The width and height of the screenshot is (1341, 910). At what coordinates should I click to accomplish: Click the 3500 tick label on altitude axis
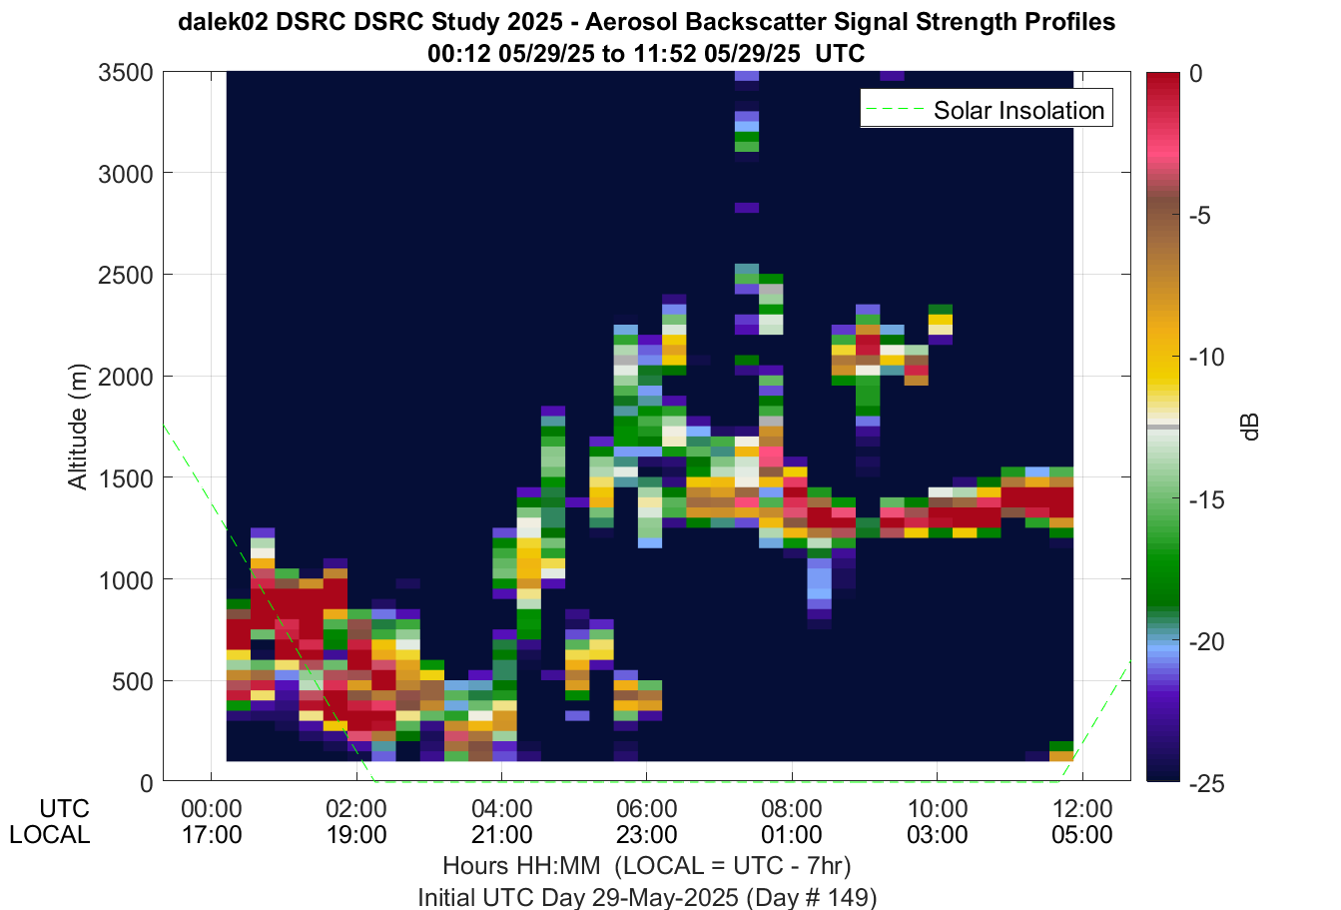[x=127, y=73]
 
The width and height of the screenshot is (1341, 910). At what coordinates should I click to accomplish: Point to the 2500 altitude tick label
[x=127, y=276]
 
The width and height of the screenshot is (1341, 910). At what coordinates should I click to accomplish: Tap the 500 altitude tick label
[x=133, y=682]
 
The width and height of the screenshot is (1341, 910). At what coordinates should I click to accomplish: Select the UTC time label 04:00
[x=501, y=809]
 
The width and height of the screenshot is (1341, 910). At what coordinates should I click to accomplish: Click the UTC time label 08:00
[x=792, y=809]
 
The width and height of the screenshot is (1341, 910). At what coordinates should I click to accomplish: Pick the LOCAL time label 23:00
[x=647, y=834]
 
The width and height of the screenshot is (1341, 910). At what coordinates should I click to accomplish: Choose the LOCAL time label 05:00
[x=1082, y=834]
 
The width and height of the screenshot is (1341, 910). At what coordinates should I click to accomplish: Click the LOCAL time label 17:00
[x=212, y=834]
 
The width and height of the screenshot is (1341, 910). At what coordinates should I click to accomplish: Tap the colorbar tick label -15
[x=1207, y=499]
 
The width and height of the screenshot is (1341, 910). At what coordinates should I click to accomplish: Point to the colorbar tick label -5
[x=1200, y=216]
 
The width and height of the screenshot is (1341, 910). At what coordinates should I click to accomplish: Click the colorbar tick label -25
[x=1207, y=783]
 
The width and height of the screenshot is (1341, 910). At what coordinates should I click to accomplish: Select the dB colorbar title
[x=1251, y=427]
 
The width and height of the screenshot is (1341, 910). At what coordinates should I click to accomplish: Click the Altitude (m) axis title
[x=77, y=427]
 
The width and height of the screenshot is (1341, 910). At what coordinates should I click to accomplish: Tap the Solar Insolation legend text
[x=1018, y=110]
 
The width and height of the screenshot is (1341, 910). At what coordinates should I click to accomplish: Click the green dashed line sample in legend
[x=896, y=109]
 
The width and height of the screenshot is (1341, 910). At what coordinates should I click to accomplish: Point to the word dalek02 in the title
[x=223, y=22]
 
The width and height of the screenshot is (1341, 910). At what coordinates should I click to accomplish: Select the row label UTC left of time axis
[x=64, y=809]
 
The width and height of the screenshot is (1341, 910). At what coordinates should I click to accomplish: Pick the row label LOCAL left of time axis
[x=50, y=834]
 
